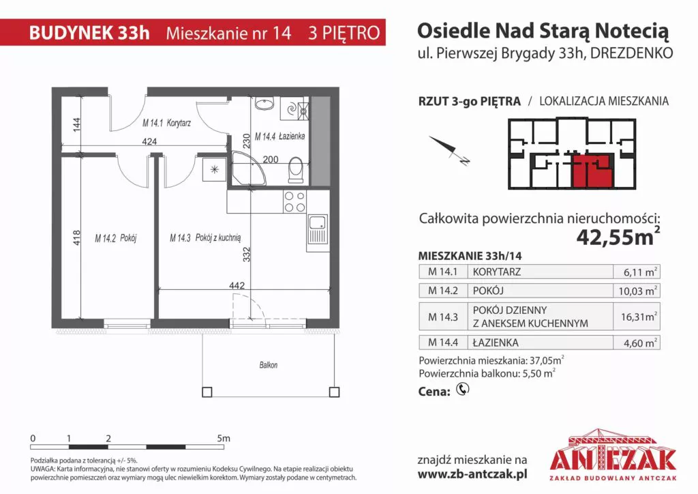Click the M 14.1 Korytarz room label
coord(166,123)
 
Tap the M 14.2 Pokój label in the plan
coord(116,238)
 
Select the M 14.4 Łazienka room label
coord(280,136)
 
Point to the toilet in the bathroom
coord(295,171)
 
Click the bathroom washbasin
coord(265,104)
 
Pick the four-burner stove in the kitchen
coord(294,202)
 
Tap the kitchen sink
coord(318,229)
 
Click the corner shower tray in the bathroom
coord(248,169)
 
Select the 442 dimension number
coord(237,285)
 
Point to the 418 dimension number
coord(76,237)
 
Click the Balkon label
coord(269,365)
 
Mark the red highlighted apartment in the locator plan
coord(592,171)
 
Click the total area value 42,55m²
coord(618,237)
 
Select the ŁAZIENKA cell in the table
coord(496,343)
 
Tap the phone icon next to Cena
coord(463,390)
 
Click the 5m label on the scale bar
coord(224,438)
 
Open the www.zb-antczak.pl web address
coord(472,474)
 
